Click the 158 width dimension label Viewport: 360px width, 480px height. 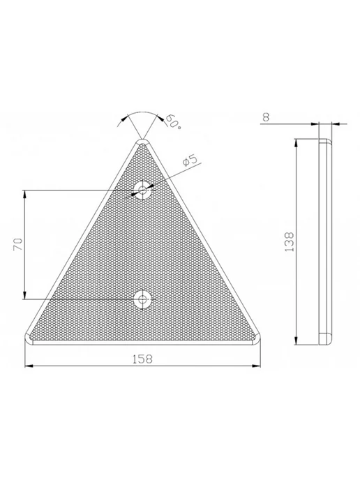tap(142, 359)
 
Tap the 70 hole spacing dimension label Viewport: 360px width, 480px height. tap(18, 244)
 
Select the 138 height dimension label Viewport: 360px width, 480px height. tap(290, 242)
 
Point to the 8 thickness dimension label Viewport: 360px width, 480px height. tap(266, 117)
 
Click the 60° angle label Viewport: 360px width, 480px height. tap(173, 122)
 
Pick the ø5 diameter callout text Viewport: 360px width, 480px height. tap(190, 160)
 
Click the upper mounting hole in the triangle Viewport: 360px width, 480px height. tap(142, 190)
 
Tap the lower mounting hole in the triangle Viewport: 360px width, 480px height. tap(142, 299)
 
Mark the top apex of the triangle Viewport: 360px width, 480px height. tap(142, 140)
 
